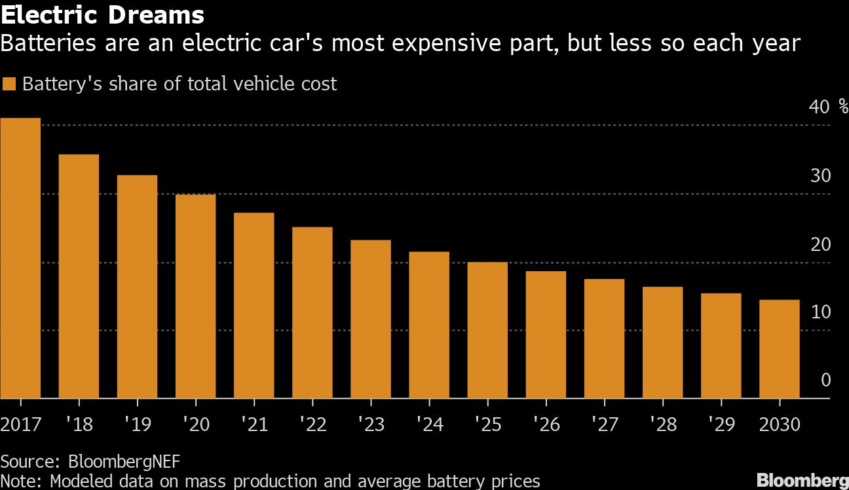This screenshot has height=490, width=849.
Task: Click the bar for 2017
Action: coord(20,258)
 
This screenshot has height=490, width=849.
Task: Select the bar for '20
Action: coord(195,296)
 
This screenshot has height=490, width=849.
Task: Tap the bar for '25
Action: coord(487,330)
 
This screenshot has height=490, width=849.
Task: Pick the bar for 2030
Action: coord(779,349)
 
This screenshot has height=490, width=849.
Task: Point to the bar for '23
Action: coord(371,319)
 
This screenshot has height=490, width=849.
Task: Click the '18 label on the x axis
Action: coord(79,424)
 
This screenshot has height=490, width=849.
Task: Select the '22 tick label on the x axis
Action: coord(312,424)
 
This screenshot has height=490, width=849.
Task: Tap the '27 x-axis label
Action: coord(604,424)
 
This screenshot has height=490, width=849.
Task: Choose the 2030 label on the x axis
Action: coord(779,424)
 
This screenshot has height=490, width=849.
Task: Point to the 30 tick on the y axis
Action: coord(820,176)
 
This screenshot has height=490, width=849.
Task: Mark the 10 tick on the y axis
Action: coord(820,312)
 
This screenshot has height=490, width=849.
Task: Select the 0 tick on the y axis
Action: coord(825,381)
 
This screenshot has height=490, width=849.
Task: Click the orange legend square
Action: coord(9,84)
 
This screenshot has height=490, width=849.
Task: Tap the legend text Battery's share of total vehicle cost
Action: coord(179,84)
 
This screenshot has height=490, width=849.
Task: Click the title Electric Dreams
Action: coord(102,14)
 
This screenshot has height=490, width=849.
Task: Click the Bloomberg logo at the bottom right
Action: coord(802,479)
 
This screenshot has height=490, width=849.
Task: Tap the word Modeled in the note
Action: coord(84,481)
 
